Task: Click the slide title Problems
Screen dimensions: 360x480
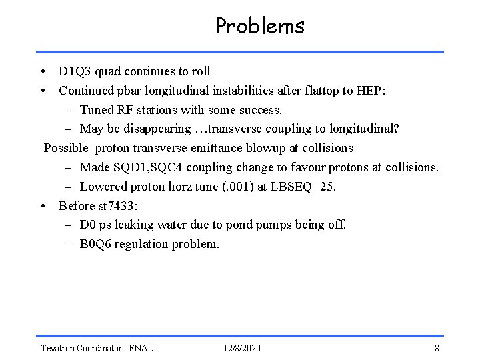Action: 260,26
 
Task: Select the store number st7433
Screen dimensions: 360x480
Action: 119,205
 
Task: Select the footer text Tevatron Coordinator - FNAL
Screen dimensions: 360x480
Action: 97,348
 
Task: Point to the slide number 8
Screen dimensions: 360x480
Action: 436,348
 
